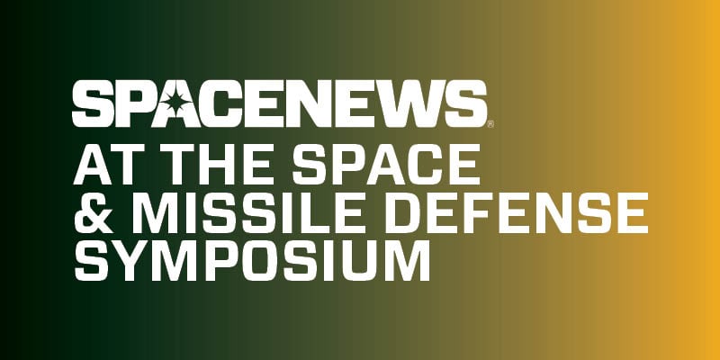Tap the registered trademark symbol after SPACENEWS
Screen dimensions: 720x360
(x=490, y=123)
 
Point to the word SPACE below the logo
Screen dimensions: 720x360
(x=386, y=165)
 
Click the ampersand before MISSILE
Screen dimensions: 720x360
(x=94, y=213)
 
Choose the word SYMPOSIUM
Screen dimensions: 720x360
(x=252, y=261)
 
